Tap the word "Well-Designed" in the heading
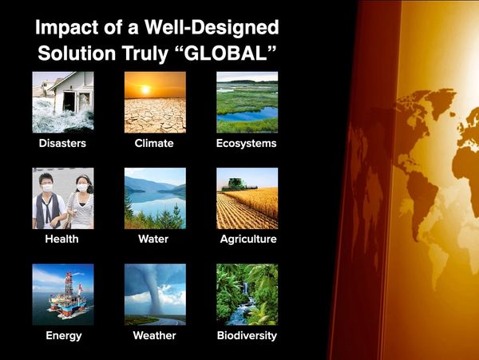coord(212,27)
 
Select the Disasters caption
coord(62,143)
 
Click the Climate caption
coord(154,143)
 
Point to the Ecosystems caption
coord(246,144)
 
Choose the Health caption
coord(61,239)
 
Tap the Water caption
coord(153,239)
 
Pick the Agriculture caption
coord(248,239)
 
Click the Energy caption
coord(64,335)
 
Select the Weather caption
coord(154,335)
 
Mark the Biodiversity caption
coord(247,335)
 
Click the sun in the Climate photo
coord(145,89)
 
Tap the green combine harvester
coord(236,185)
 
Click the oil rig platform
coord(68,298)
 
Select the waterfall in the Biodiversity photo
coord(246,288)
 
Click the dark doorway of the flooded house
coord(69,101)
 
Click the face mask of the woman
coord(82,188)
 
